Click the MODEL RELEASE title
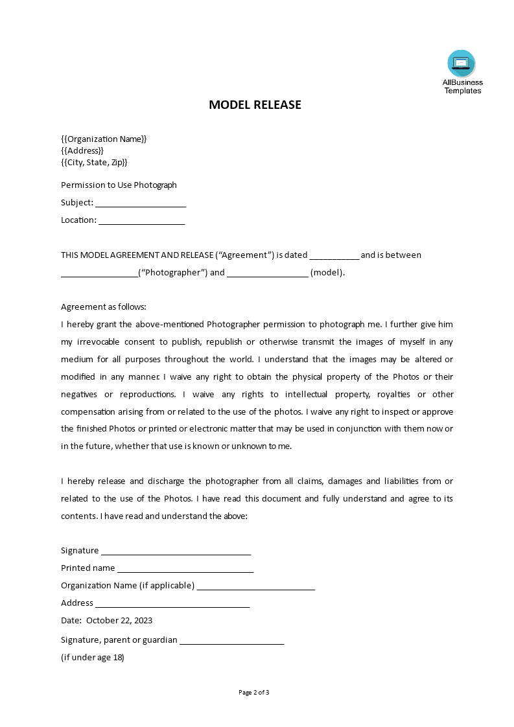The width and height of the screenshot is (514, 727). point(255,105)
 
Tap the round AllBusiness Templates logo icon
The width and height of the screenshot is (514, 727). point(461,63)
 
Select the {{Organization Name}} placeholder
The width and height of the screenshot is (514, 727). point(104,139)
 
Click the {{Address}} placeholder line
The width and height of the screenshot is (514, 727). point(82,150)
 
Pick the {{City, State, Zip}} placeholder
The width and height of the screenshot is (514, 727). point(94,162)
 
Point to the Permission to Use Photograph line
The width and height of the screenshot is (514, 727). point(119,185)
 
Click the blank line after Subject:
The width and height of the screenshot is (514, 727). point(141,203)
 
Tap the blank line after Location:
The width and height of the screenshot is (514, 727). point(142,221)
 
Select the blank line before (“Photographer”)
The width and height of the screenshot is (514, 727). point(99,273)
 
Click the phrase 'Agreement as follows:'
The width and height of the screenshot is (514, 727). point(104,306)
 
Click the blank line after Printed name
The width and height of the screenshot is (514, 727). point(185,569)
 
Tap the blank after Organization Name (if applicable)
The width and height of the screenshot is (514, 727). point(255,586)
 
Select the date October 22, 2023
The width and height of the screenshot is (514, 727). point(119,620)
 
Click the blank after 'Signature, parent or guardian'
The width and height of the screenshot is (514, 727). point(231,641)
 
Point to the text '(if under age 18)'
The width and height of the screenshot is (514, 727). point(93,657)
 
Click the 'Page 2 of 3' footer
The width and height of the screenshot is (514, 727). point(254,692)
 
